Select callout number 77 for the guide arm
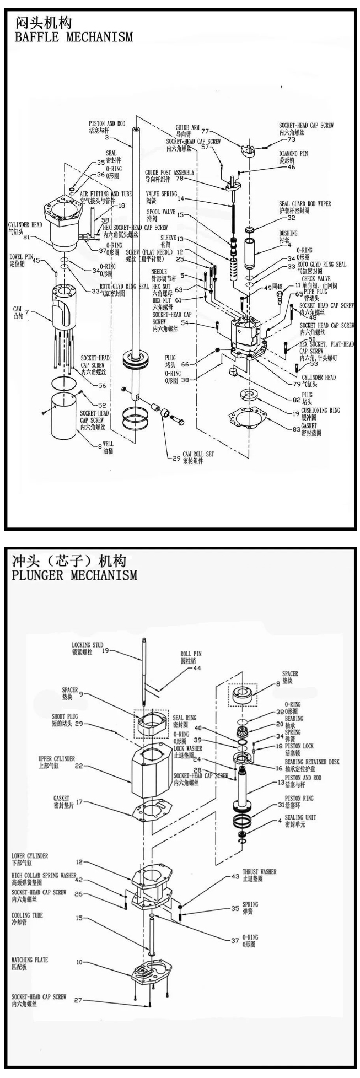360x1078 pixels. pyautogui.click(x=205, y=131)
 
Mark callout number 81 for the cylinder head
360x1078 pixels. pyautogui.click(x=26, y=238)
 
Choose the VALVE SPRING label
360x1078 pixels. pyautogui.click(x=162, y=194)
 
